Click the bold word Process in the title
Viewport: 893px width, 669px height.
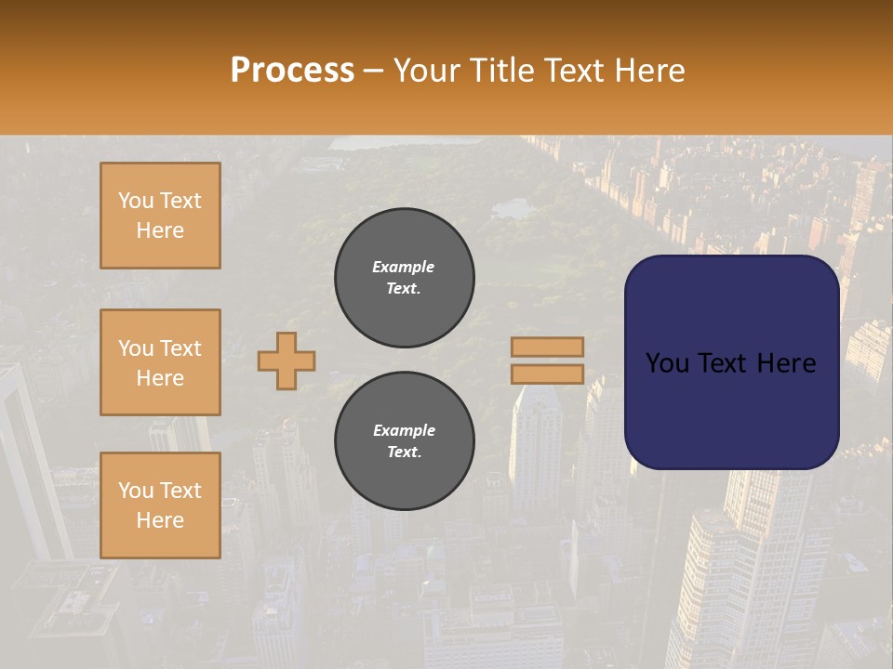pyautogui.click(x=292, y=71)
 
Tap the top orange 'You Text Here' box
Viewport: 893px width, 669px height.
pyautogui.click(x=160, y=216)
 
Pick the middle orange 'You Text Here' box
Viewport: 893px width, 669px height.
pyautogui.click(x=160, y=362)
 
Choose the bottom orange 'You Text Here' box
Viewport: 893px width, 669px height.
pyautogui.click(x=160, y=505)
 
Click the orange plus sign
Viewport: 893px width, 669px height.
pyautogui.click(x=287, y=361)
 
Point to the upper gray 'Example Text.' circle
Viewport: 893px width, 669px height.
pyautogui.click(x=405, y=278)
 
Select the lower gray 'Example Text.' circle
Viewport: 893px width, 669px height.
pyautogui.click(x=405, y=441)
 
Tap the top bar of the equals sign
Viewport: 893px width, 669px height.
pyautogui.click(x=547, y=347)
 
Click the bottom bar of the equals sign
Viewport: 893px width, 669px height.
pyautogui.click(x=547, y=374)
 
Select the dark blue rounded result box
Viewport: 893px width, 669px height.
pyautogui.click(x=731, y=362)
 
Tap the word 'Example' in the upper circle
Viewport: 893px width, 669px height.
pyautogui.click(x=403, y=267)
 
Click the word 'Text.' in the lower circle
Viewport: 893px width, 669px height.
pyautogui.click(x=405, y=453)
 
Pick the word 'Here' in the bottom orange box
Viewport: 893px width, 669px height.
pyautogui.click(x=160, y=520)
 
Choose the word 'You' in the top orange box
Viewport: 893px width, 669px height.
pyautogui.click(x=135, y=201)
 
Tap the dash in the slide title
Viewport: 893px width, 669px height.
pyautogui.click(x=373, y=71)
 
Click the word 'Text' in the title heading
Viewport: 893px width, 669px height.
pyautogui.click(x=573, y=71)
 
